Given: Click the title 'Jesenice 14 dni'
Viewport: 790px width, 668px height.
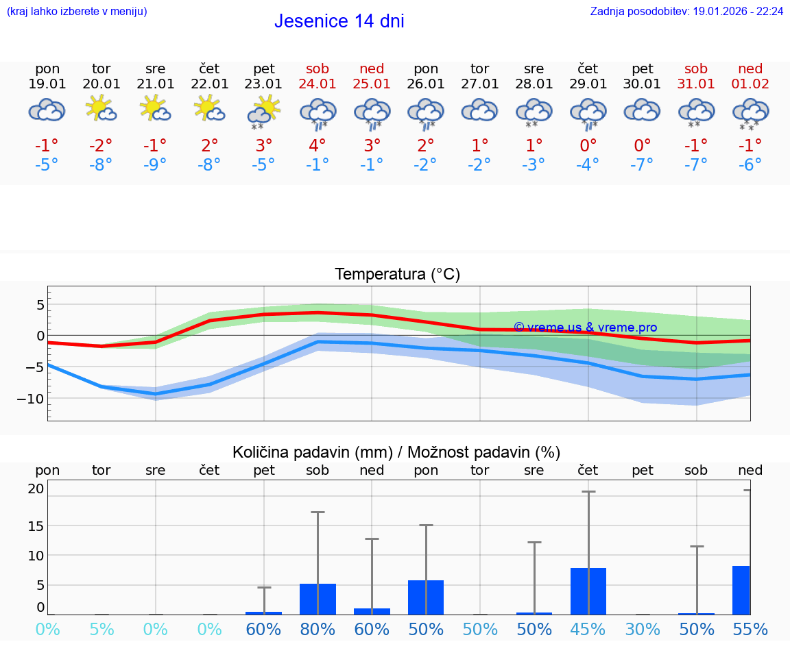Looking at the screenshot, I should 339,21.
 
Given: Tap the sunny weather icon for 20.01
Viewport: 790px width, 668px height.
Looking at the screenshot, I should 101,109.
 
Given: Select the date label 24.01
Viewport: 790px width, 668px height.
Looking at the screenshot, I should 318,84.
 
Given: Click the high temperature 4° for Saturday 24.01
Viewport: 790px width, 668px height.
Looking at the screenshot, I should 318,145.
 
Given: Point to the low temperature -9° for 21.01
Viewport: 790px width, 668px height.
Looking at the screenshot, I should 155,165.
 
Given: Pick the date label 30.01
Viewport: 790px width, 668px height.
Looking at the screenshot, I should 642,84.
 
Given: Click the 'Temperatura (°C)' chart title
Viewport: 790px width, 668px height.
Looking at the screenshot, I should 397,275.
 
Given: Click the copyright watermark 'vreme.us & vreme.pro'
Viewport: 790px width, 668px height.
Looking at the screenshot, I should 585,327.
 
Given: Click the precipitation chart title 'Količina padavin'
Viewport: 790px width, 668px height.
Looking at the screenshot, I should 396,452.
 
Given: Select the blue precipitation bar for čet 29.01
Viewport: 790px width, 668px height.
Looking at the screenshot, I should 588,591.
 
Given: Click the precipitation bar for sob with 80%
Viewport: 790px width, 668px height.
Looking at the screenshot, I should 318,599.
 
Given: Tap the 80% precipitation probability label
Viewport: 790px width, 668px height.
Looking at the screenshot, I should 318,630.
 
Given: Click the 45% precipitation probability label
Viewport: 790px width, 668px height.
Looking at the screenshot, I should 588,630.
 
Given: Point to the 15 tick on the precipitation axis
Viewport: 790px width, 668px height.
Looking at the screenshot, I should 36,525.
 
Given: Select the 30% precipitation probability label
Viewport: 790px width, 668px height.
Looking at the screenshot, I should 642,630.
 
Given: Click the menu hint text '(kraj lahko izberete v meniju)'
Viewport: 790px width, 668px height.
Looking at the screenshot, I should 77,12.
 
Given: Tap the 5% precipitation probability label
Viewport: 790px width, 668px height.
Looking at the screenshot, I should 101,630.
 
